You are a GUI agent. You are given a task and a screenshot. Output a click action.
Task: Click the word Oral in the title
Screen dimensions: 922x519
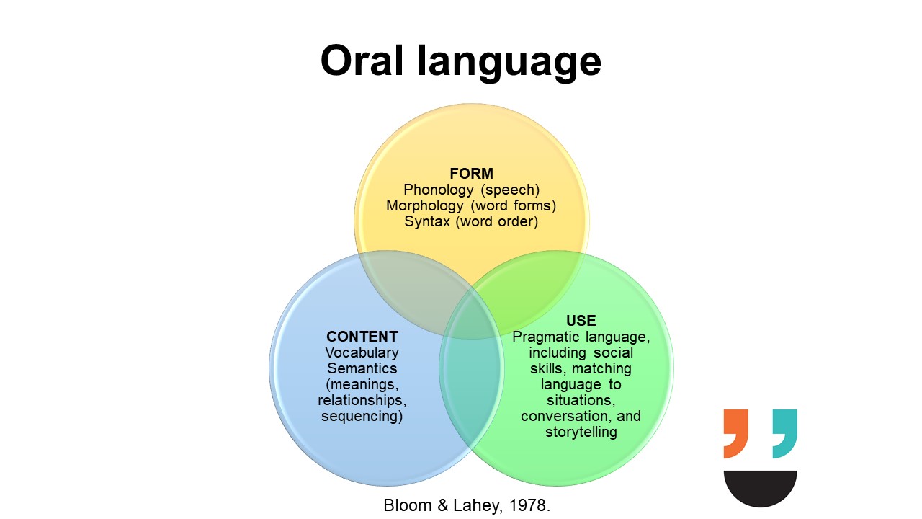(362, 61)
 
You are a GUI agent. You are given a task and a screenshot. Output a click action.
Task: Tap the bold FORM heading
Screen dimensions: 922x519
(471, 174)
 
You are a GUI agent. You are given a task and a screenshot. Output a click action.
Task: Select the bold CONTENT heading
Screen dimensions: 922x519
(362, 337)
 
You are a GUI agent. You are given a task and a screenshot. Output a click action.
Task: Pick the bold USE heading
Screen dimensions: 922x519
(581, 321)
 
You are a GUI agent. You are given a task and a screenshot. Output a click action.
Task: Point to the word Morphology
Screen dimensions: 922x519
(424, 205)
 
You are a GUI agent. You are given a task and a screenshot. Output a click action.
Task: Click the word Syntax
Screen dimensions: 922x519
(427, 221)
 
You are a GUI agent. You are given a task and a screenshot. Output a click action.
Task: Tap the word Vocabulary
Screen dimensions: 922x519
(362, 352)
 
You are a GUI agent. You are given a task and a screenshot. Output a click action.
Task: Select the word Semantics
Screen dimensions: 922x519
(362, 368)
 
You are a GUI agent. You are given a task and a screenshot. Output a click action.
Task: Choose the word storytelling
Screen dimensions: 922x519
(581, 432)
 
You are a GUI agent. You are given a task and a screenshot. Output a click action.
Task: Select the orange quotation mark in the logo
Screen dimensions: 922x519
(735, 434)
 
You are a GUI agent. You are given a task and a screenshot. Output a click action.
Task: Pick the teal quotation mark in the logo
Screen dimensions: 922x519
(785, 434)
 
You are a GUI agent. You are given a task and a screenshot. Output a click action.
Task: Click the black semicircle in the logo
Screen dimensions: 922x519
(760, 489)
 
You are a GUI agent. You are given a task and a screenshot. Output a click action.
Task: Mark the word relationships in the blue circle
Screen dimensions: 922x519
(362, 400)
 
